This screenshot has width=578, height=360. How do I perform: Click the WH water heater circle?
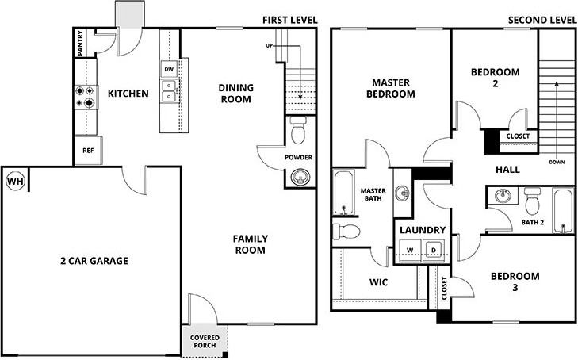pyautogui.click(x=14, y=181)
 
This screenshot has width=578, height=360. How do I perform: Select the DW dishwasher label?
pyautogui.click(x=168, y=70)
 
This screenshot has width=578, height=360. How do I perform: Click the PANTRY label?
pyautogui.click(x=81, y=44)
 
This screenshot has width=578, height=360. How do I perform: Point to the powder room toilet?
pyautogui.click(x=299, y=130)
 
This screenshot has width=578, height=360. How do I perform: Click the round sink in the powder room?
pyautogui.click(x=298, y=176)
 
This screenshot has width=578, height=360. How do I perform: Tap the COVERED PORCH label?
pyautogui.click(x=206, y=341)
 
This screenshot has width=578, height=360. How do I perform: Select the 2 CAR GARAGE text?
pyautogui.click(x=94, y=261)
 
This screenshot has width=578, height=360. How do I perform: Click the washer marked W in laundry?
pyautogui.click(x=410, y=251)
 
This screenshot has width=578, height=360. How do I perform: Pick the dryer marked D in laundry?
pyautogui.click(x=434, y=251)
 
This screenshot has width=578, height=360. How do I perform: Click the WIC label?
pyautogui.click(x=378, y=282)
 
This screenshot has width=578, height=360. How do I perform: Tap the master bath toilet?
pyautogui.click(x=346, y=231)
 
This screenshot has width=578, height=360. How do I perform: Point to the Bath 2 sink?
pyautogui.click(x=501, y=196)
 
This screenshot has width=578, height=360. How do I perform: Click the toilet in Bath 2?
pyautogui.click(x=532, y=195)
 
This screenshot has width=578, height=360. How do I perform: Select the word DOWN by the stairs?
pyautogui.click(x=557, y=162)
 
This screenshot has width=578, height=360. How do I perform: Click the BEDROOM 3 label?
pyautogui.click(x=514, y=281)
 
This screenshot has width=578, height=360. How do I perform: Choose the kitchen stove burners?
pyautogui.click(x=84, y=96)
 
